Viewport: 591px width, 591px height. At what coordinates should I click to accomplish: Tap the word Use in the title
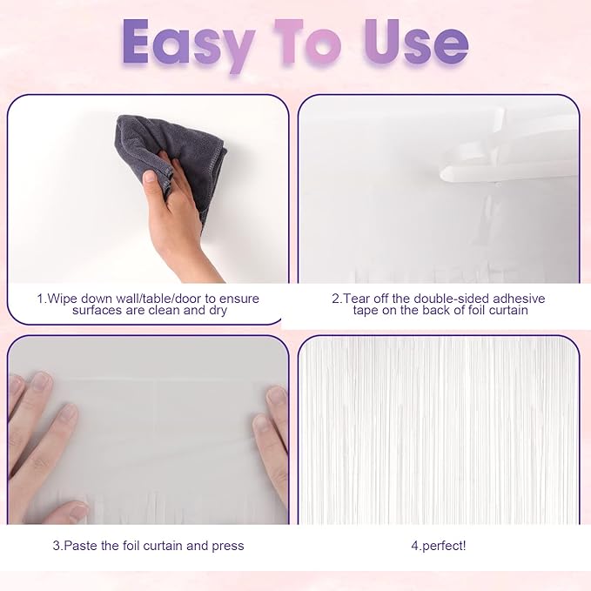413,43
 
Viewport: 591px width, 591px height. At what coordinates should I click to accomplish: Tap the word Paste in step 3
78,546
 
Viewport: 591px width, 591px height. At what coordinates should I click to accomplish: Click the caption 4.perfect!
438,546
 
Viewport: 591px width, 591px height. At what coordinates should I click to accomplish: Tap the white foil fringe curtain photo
438,431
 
